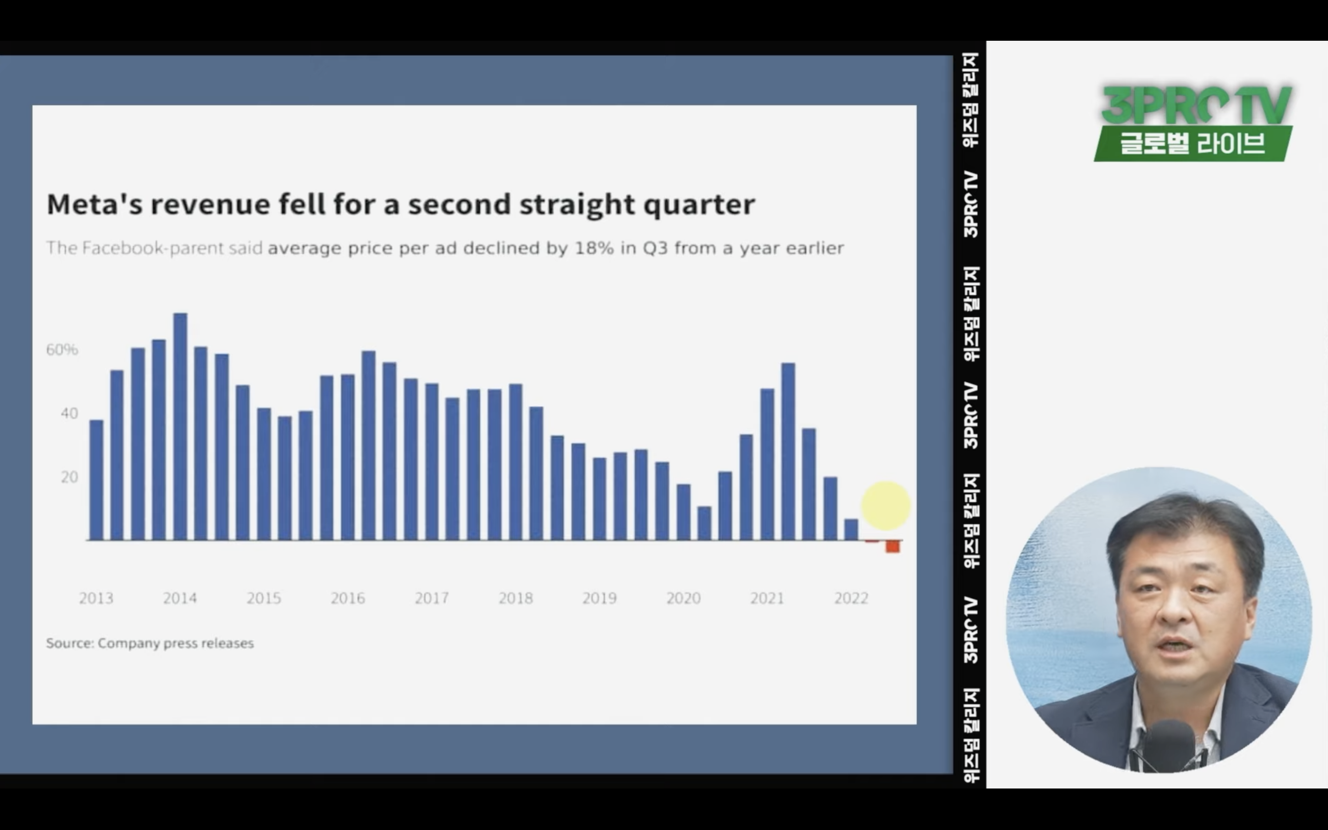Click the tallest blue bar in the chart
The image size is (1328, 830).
tap(180, 426)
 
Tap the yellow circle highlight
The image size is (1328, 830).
tap(886, 505)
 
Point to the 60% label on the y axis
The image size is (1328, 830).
tap(62, 350)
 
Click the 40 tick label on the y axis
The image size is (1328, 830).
tap(70, 414)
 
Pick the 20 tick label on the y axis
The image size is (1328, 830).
tap(70, 477)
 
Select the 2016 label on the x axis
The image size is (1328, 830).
tap(348, 598)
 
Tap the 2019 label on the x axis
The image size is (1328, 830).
tap(599, 598)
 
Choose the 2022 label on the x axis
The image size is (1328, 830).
tap(851, 598)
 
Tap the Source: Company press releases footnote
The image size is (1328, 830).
tap(150, 643)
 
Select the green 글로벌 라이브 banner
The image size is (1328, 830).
tap(1193, 144)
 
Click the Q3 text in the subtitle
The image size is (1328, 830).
tap(655, 249)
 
